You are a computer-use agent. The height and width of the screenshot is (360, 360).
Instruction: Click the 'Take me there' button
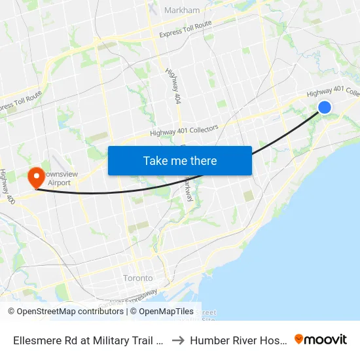(x=179, y=160)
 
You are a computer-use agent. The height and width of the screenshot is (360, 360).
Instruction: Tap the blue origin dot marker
(x=324, y=107)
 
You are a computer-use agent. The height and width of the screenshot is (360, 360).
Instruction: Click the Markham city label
(x=183, y=10)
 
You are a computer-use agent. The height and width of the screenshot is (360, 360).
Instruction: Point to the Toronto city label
(x=138, y=278)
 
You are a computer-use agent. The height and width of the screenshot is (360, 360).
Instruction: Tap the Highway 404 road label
(x=173, y=86)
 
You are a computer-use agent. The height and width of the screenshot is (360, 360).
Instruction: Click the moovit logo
(x=321, y=339)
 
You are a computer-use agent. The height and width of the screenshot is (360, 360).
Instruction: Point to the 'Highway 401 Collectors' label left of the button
(x=184, y=130)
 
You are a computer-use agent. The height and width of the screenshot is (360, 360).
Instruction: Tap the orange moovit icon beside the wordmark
(x=299, y=339)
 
